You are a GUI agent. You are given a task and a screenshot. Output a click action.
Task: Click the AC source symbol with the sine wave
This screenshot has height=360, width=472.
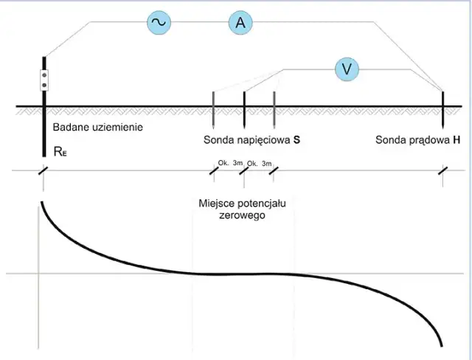[159, 23]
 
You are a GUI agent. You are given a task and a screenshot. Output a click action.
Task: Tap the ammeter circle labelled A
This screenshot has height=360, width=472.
[240, 23]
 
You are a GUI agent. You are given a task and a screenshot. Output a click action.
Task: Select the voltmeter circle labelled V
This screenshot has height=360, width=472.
[346, 69]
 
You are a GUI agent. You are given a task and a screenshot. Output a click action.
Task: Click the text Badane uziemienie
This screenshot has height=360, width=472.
[97, 128]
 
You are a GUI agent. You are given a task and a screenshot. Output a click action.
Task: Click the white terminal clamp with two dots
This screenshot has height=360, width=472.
[44, 80]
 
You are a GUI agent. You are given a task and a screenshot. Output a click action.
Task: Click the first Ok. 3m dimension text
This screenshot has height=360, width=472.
[230, 163]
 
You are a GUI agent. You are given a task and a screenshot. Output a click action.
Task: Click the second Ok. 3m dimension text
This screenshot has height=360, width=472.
[260, 163]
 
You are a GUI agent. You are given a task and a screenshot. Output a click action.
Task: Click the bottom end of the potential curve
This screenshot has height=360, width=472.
[442, 345]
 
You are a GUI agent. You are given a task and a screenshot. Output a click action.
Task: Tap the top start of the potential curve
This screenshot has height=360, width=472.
[42, 202]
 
